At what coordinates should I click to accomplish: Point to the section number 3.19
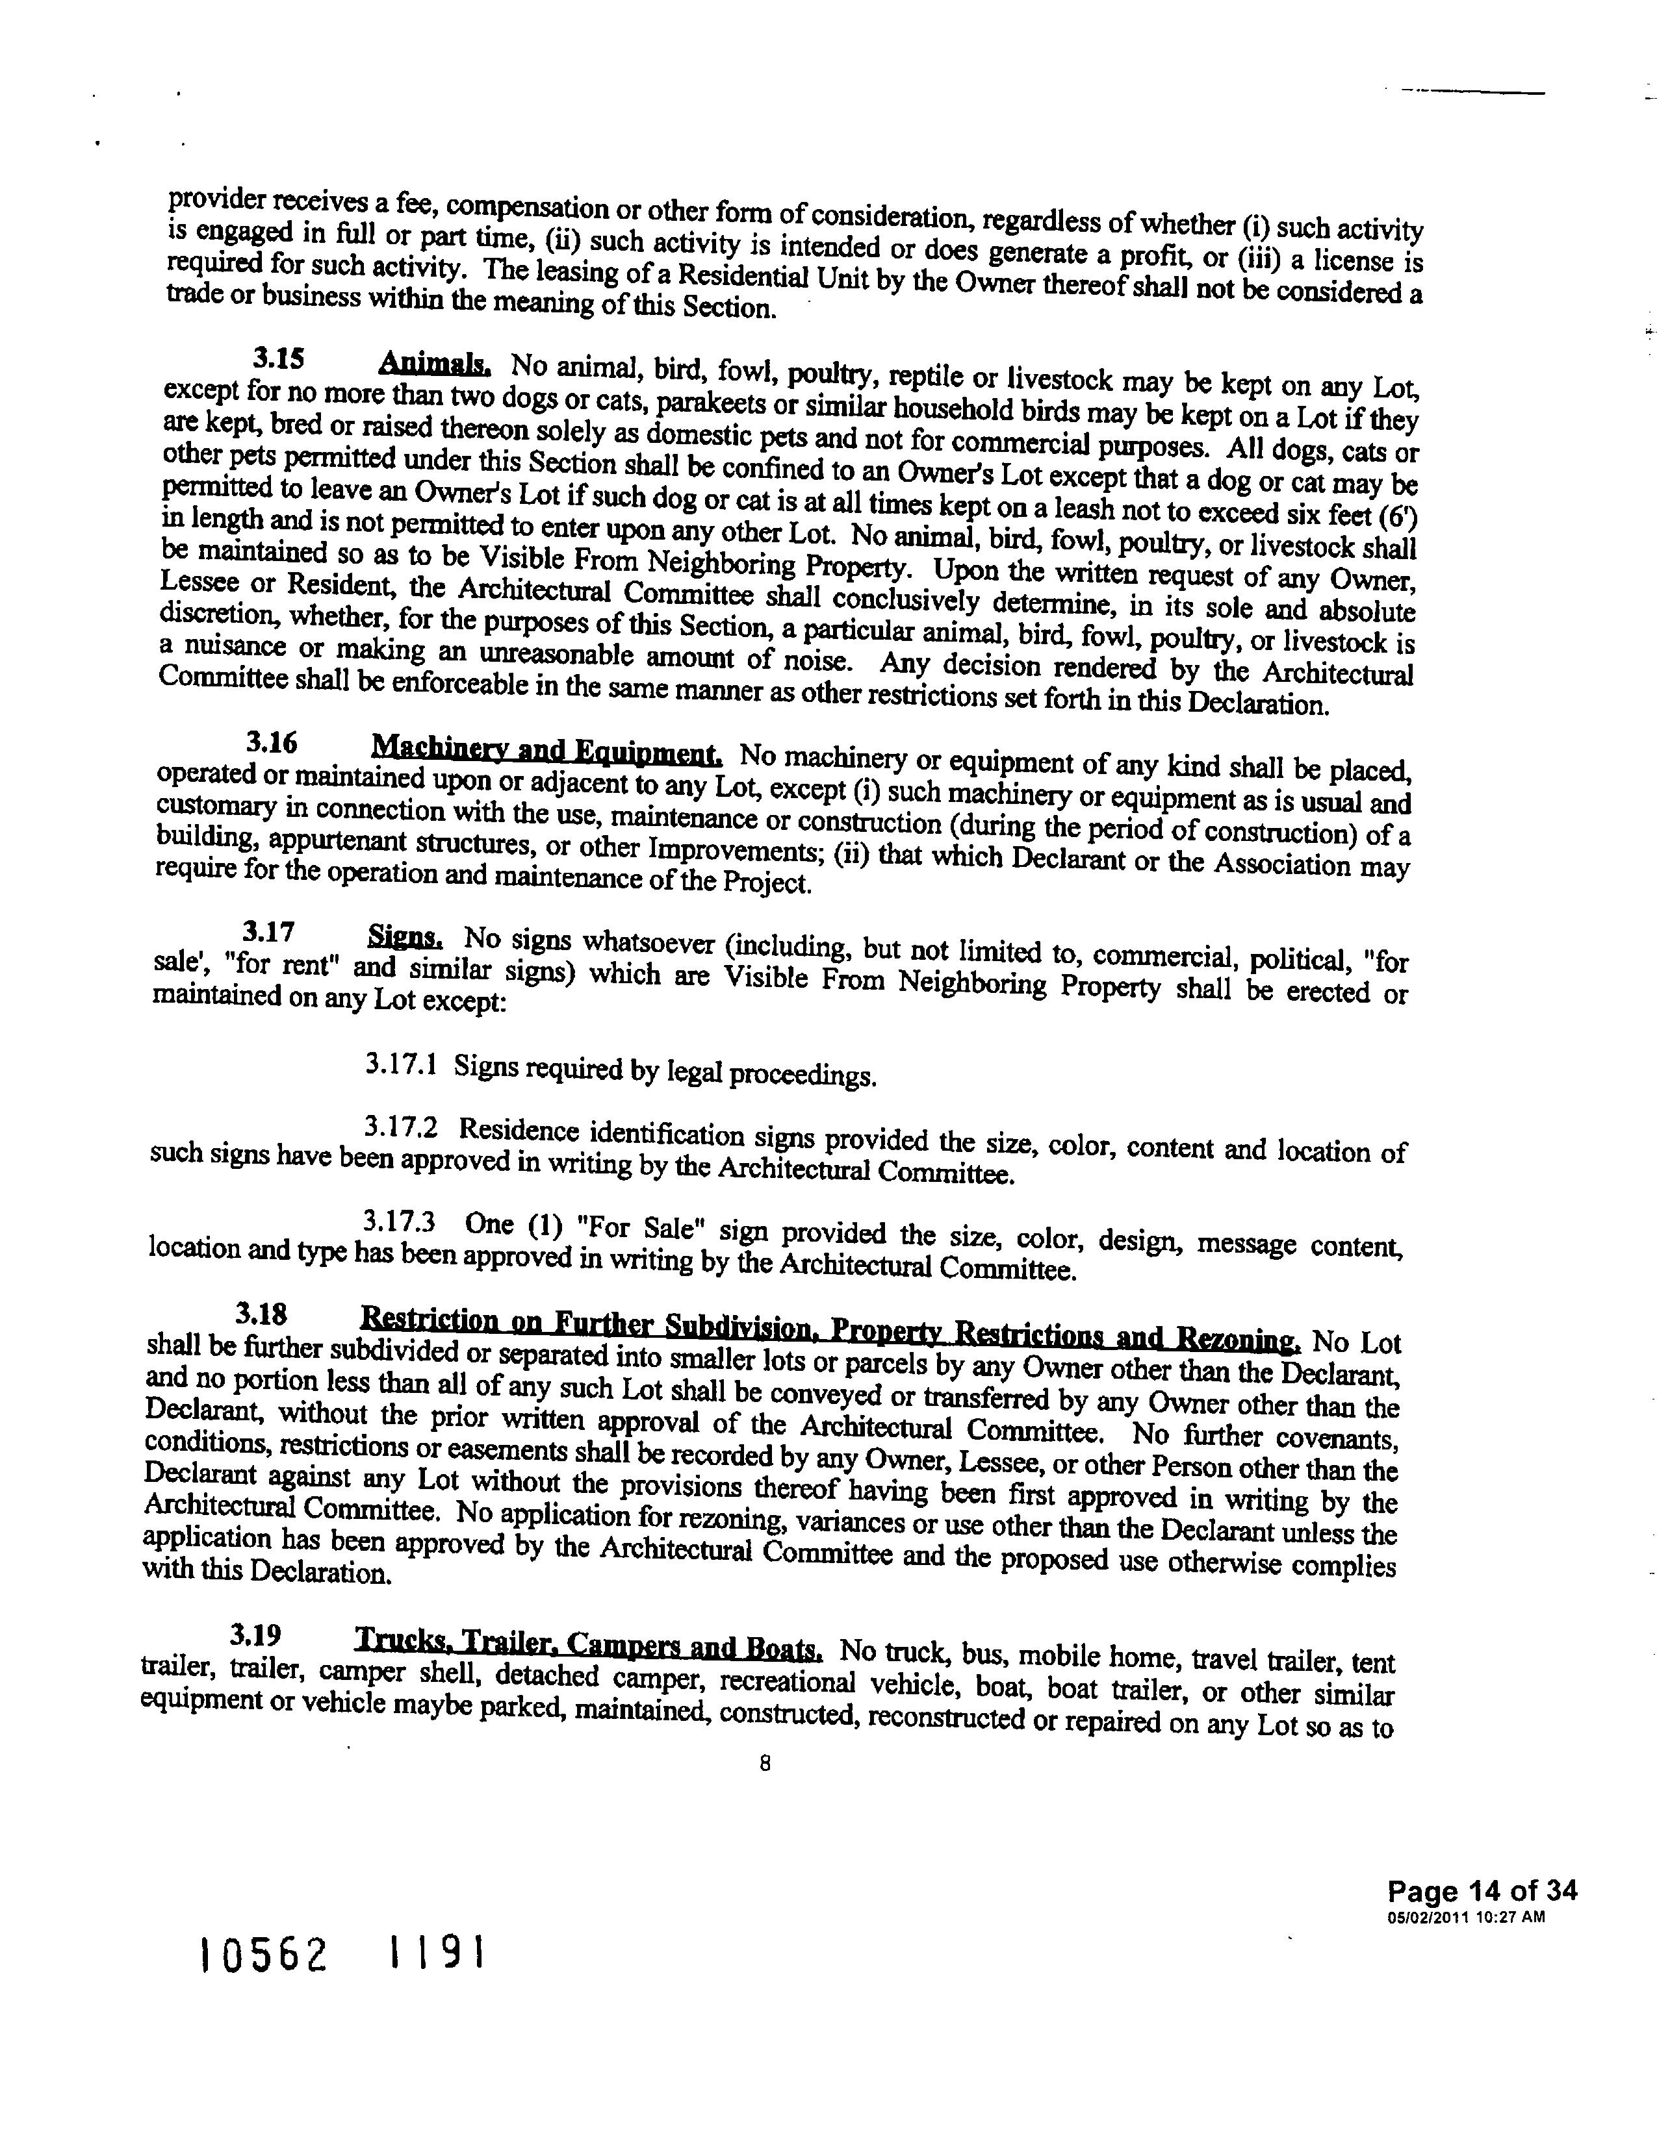click(255, 1635)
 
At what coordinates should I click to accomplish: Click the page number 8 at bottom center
click(765, 1763)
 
